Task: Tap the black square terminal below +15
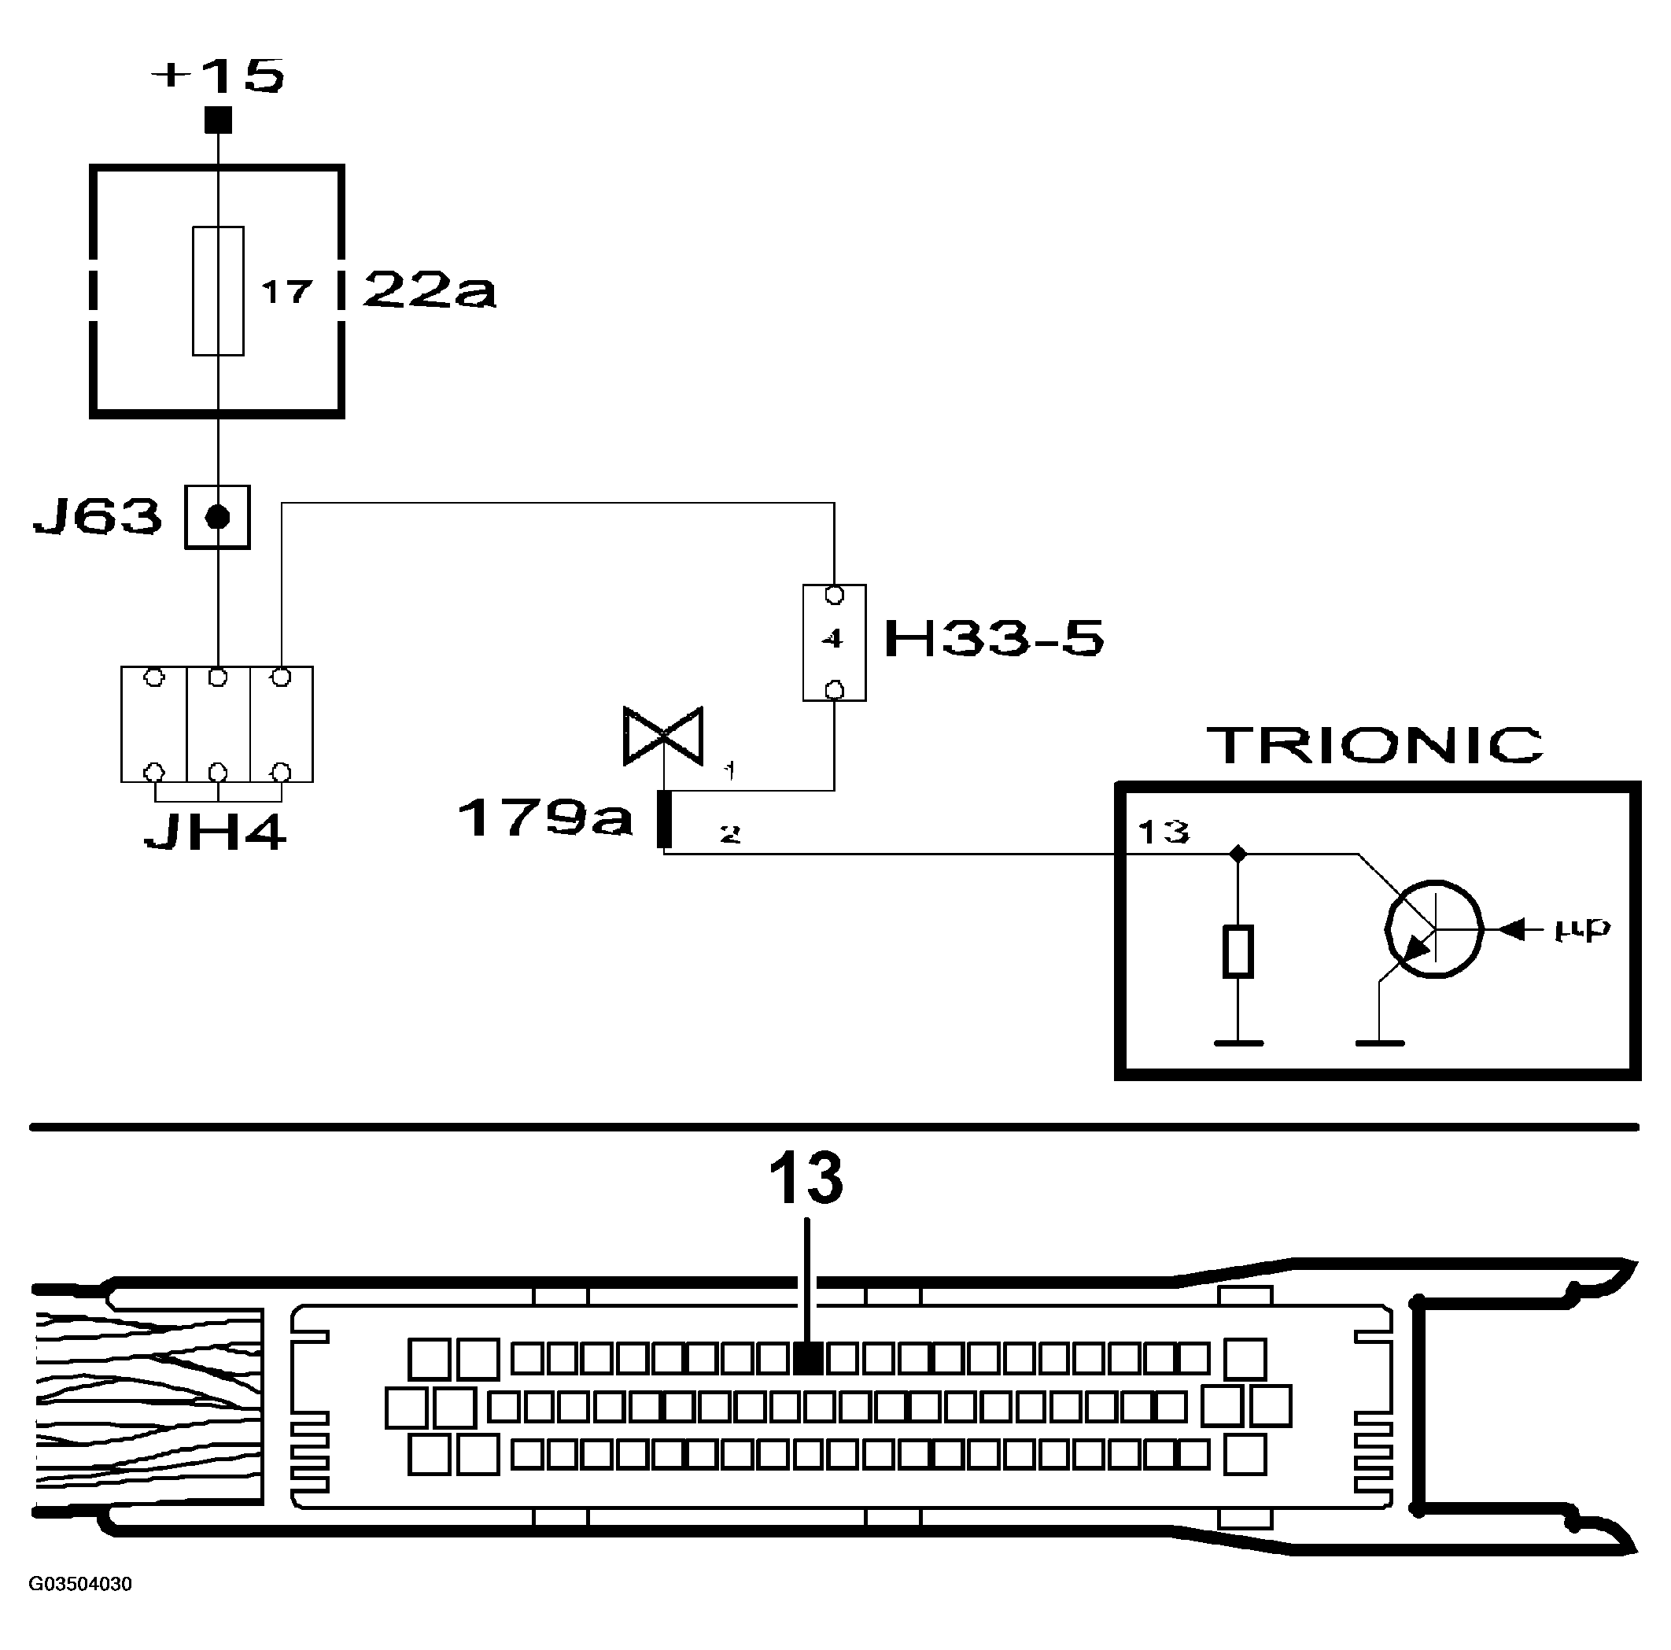(x=218, y=120)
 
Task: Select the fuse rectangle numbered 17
(x=218, y=290)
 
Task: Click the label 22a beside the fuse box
(x=429, y=290)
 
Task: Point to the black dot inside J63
(x=218, y=518)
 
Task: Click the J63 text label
(x=97, y=516)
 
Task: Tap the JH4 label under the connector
(x=215, y=833)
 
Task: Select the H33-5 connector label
(x=994, y=640)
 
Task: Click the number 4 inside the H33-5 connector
(x=832, y=640)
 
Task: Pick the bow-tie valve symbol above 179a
(x=663, y=736)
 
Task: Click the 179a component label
(x=545, y=817)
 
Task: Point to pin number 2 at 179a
(x=730, y=834)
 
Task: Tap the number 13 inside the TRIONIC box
(x=1164, y=832)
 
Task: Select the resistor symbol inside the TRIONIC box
(x=1238, y=952)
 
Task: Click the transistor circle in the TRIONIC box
(x=1433, y=929)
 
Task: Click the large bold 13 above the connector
(x=806, y=1179)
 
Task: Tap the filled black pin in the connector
(x=807, y=1358)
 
